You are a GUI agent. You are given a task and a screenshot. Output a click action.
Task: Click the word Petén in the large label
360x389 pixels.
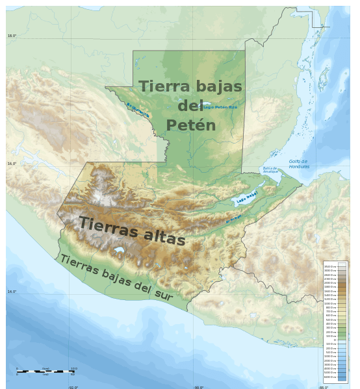(x=190, y=125)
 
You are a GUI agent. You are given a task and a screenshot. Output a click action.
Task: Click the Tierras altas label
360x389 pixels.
(x=132, y=231)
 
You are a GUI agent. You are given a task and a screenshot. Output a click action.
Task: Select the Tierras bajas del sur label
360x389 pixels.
(x=116, y=277)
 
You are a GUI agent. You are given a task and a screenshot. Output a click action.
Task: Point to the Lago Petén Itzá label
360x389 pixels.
(x=220, y=107)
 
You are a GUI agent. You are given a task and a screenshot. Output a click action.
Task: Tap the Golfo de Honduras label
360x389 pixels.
(x=299, y=164)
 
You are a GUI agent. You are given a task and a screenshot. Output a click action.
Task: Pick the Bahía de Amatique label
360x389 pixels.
(x=270, y=169)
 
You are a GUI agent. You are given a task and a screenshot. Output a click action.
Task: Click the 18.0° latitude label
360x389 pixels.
(x=12, y=36)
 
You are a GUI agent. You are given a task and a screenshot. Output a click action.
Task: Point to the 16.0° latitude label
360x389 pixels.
(x=12, y=164)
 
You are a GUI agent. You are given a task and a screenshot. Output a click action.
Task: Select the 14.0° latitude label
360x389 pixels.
(x=12, y=292)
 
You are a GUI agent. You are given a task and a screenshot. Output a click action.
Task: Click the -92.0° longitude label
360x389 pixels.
(x=73, y=387)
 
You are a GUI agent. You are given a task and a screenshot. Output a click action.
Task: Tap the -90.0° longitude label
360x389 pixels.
(x=198, y=387)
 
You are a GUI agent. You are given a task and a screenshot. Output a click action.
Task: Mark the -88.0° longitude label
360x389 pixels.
(x=323, y=387)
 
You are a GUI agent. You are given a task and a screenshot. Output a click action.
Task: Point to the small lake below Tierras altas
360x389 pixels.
(x=119, y=249)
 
